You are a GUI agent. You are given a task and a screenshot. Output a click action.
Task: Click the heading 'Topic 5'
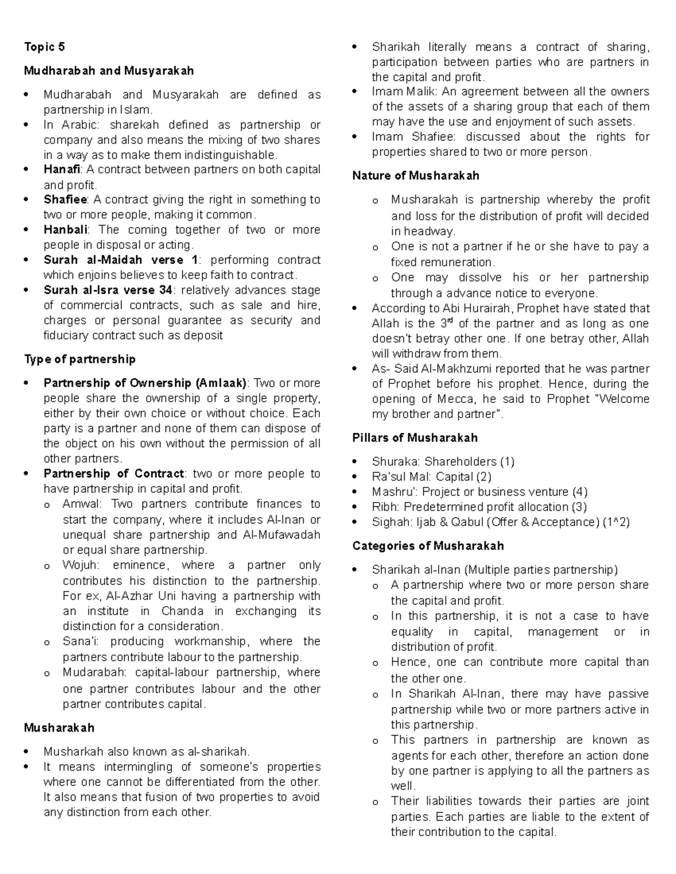[44, 47]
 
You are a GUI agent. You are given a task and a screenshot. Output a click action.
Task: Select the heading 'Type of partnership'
[79, 359]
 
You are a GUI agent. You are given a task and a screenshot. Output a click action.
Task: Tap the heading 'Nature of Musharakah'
[416, 176]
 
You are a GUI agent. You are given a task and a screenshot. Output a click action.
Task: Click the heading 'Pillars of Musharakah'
[415, 438]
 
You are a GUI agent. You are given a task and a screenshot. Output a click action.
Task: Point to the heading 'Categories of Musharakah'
[428, 546]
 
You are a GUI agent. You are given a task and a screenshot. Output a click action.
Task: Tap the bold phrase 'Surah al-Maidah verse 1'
[121, 260]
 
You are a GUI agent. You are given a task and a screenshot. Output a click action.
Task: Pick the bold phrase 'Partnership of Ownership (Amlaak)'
[145, 383]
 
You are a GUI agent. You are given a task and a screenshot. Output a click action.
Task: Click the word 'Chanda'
[182, 611]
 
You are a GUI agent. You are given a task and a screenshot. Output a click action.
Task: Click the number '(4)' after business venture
[579, 492]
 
